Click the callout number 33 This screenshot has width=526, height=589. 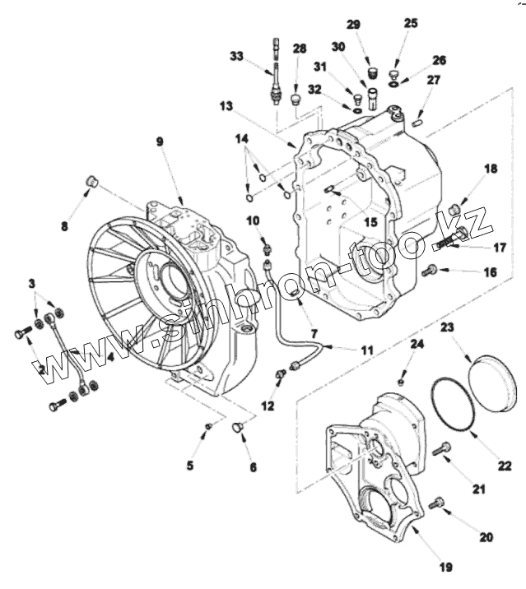tap(237, 56)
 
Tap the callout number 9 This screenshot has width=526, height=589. tap(160, 141)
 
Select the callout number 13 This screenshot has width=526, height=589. tap(226, 105)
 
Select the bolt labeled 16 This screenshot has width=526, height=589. tap(428, 271)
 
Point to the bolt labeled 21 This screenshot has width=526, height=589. tap(445, 448)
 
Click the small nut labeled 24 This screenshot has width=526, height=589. tap(401, 381)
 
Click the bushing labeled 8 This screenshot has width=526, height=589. tap(93, 181)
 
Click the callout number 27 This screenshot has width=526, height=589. tap(434, 80)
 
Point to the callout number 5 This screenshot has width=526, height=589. tap(190, 465)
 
